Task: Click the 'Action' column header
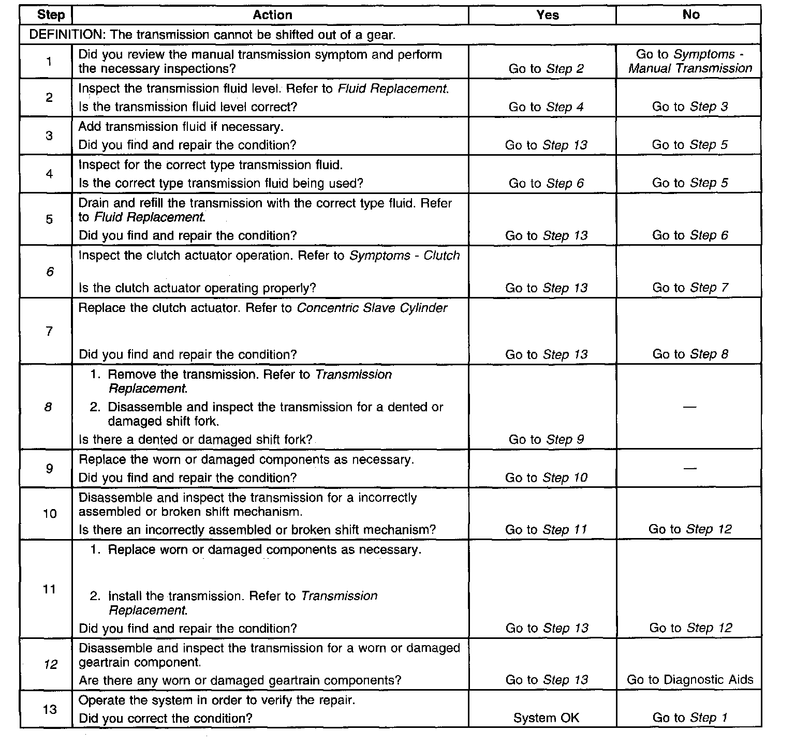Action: [x=272, y=15]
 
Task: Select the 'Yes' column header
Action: [x=547, y=15]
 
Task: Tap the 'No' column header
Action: [x=690, y=14]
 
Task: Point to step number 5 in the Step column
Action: [x=49, y=219]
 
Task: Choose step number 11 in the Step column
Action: [x=49, y=589]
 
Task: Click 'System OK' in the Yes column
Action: [x=546, y=718]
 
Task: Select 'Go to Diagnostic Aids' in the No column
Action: [x=690, y=680]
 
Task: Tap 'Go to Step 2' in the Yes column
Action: [x=546, y=69]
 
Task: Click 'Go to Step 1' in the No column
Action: [x=690, y=718]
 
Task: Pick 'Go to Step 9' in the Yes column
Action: [x=546, y=440]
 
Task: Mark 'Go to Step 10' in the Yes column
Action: [x=546, y=478]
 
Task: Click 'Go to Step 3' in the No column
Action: [x=690, y=107]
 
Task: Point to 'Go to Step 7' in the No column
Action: [x=690, y=288]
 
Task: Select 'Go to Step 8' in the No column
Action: [x=690, y=354]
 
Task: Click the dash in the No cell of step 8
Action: [x=689, y=407]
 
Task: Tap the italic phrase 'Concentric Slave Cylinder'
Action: [x=372, y=308]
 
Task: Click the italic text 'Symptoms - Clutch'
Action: [x=405, y=256]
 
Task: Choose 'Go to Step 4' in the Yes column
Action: [x=546, y=107]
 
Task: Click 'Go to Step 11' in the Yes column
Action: [x=546, y=530]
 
